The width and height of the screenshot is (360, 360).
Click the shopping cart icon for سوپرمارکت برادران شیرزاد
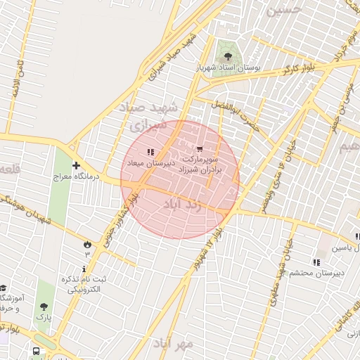200,149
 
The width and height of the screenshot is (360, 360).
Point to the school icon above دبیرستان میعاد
149,151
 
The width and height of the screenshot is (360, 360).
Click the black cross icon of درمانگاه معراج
76,166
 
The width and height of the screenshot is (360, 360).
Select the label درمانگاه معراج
75,177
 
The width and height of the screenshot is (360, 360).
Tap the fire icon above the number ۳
87,243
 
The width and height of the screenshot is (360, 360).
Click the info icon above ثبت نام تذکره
84,269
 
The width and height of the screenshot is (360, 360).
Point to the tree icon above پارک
44,307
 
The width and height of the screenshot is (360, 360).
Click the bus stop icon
36,352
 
